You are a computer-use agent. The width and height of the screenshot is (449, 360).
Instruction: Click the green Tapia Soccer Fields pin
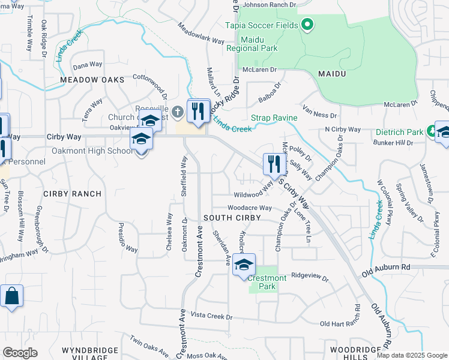[x=307, y=25]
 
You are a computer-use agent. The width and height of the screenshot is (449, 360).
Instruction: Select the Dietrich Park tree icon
[x=430, y=131]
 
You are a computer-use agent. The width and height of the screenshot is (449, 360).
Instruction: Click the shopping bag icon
[x=11, y=296]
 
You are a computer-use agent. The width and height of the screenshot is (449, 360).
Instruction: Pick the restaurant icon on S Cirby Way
[x=272, y=164]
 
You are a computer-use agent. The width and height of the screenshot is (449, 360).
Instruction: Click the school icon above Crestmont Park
[x=244, y=265]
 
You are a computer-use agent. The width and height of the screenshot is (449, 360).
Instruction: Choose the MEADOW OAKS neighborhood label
[x=92, y=80]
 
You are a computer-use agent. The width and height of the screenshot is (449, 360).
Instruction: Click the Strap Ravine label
[x=273, y=118]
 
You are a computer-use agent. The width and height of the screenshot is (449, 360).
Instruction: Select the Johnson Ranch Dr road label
[x=270, y=5]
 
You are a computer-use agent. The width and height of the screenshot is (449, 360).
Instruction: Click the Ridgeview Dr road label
[x=310, y=278]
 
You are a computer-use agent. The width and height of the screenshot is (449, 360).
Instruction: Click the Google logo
[x=20, y=353]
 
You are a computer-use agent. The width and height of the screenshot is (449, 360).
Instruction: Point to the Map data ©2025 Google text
[x=412, y=355]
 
